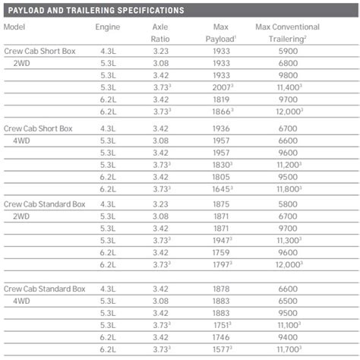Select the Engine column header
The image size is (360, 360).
point(107,27)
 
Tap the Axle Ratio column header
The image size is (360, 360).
point(159,33)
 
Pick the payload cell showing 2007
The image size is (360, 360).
point(223,88)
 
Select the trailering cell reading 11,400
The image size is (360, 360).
point(289,88)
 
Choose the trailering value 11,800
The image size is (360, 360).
point(289,188)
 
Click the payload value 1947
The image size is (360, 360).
point(223,241)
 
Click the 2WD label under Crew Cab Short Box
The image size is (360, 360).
point(21,64)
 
